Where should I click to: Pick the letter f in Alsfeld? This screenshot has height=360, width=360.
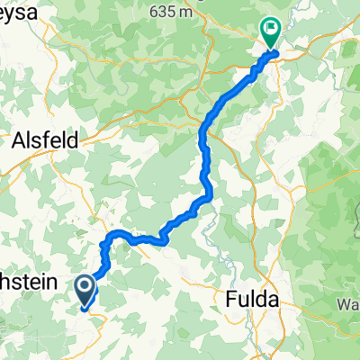[x=52, y=140]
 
